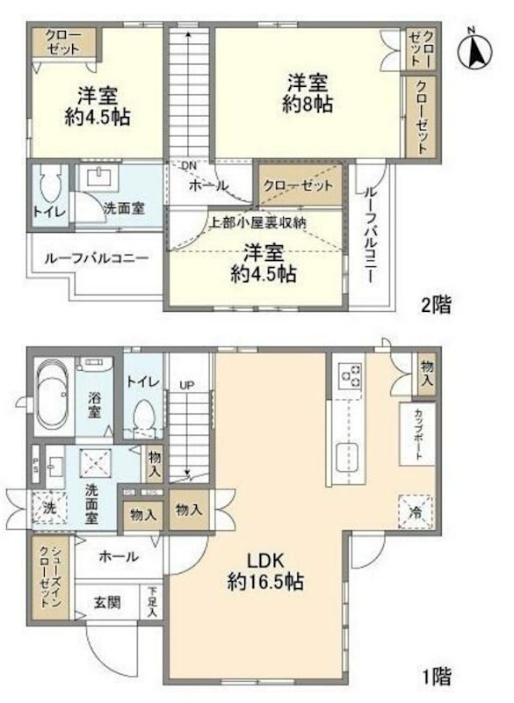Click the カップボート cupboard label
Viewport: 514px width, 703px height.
point(416,433)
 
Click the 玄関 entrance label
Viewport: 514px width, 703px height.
point(105,605)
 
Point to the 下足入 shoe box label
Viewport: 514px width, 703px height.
point(153,602)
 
